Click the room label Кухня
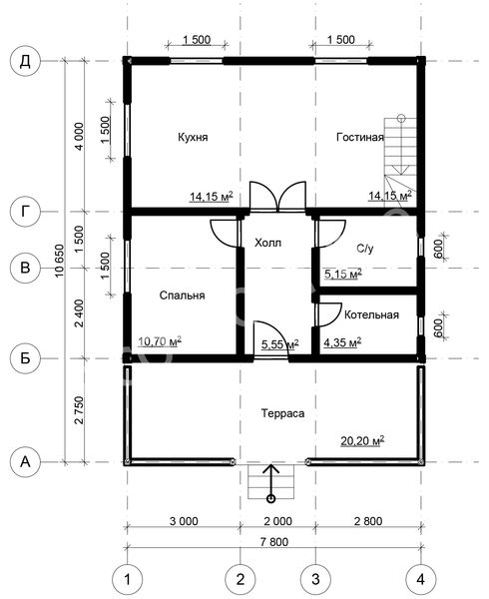coord(193,137)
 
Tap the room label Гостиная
coord(359,137)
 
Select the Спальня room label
coord(182,296)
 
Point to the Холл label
coord(268,243)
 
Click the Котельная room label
coord(371,314)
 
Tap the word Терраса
coord(282,413)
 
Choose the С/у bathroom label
coord(365,249)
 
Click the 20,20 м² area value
coord(362,440)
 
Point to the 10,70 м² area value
coord(160,340)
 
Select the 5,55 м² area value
coord(279,343)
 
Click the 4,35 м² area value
coord(342,341)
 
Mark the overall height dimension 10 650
coord(60,261)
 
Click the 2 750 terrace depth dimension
coord(79,410)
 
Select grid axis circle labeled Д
coord(25,61)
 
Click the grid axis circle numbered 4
coord(420,579)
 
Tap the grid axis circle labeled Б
coord(25,358)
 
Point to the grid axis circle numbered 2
coord(241,579)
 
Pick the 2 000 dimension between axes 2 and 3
coord(277,521)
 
